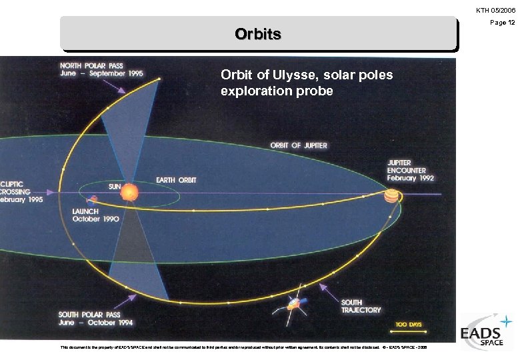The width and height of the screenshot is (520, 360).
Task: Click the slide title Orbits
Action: pyautogui.click(x=258, y=34)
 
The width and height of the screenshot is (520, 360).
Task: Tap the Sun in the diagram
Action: pyautogui.click(x=129, y=192)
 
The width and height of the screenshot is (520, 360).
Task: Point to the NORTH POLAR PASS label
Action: pyautogui.click(x=101, y=71)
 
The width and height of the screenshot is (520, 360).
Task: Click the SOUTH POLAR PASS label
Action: pyautogui.click(x=95, y=319)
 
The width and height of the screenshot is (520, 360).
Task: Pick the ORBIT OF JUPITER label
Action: pyautogui.click(x=299, y=145)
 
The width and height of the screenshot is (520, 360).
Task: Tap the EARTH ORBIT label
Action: pyautogui.click(x=176, y=181)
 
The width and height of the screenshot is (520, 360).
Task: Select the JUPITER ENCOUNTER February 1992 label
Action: pyautogui.click(x=411, y=171)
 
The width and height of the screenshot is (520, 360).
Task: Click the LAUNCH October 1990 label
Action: pyautogui.click(x=95, y=215)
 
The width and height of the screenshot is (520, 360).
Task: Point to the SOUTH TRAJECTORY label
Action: pyautogui.click(x=361, y=307)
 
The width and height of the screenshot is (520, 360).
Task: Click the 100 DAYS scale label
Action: pyautogui.click(x=409, y=325)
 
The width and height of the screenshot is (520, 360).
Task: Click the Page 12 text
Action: pyautogui.click(x=503, y=23)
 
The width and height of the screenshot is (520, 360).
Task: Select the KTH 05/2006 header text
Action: pyautogui.click(x=495, y=11)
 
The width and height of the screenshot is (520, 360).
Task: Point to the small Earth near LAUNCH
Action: pyautogui.click(x=94, y=199)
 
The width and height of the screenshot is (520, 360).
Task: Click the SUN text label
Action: pyautogui.click(x=115, y=187)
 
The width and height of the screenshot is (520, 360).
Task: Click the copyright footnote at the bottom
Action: pyautogui.click(x=243, y=347)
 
